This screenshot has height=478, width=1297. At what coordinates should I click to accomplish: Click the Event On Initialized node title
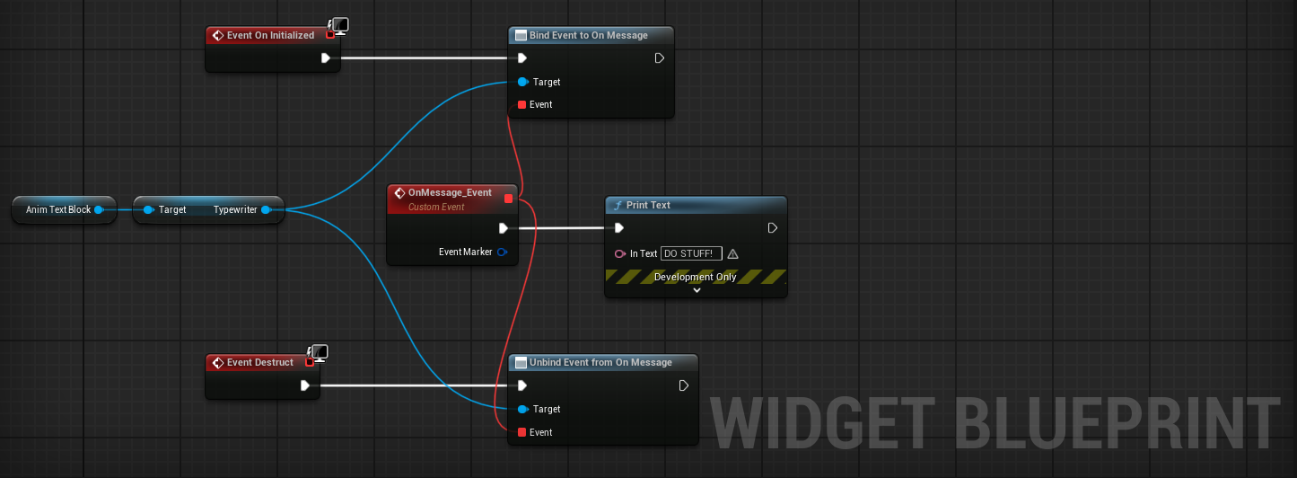tap(270, 35)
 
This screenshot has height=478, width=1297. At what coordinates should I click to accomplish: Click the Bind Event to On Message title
tap(588, 35)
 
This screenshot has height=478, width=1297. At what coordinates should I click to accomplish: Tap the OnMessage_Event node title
tap(450, 192)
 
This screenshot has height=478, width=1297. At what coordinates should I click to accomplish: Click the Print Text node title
tap(648, 205)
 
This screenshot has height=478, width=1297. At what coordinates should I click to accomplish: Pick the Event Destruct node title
tap(259, 362)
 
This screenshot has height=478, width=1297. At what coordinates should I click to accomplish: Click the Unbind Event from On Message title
tap(600, 362)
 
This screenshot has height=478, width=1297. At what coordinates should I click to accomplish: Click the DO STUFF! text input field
tap(691, 254)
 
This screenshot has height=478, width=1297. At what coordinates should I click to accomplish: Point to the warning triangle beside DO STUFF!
tap(733, 254)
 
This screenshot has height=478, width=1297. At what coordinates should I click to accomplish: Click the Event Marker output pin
tap(503, 252)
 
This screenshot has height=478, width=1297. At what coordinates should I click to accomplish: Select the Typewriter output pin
tap(266, 209)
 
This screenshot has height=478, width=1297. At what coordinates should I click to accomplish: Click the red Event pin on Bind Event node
tap(521, 104)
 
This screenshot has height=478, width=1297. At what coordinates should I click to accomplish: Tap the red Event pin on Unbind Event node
tap(521, 432)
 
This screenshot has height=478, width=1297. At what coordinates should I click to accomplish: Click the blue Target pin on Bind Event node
tap(522, 82)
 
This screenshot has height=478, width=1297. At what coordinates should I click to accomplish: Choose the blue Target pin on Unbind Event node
tap(522, 409)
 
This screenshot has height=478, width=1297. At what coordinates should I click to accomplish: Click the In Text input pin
tap(619, 254)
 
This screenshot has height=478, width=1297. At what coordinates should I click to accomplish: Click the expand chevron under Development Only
tap(697, 290)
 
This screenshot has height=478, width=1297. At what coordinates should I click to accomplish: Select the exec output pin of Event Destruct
tap(305, 385)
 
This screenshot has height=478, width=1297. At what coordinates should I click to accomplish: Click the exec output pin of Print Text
tap(773, 228)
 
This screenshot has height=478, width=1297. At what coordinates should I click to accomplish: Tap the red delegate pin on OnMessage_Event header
tap(509, 198)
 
